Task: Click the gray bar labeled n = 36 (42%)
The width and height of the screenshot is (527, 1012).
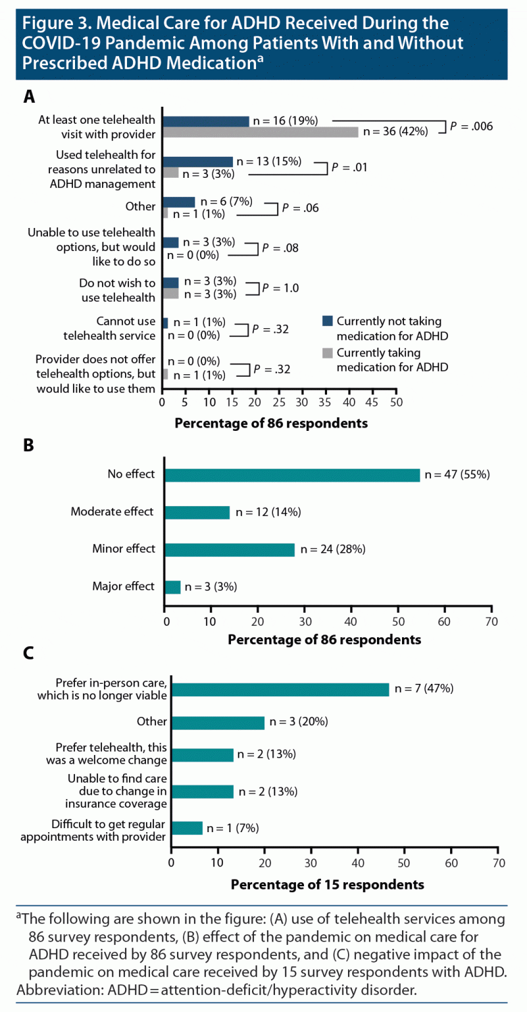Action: tap(261, 132)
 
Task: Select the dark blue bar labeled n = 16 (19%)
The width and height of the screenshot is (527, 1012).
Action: tap(206, 121)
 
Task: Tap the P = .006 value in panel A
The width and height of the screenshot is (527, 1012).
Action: tap(470, 126)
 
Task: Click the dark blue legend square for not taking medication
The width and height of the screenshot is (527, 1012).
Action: tap(328, 321)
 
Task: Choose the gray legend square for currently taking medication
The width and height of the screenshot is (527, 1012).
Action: tap(328, 354)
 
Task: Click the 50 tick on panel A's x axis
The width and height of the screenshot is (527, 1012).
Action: tap(396, 401)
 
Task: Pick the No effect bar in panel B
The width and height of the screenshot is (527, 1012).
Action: tap(292, 475)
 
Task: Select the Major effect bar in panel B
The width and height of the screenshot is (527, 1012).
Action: tap(172, 586)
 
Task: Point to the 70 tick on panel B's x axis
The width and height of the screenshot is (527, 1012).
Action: tap(491, 621)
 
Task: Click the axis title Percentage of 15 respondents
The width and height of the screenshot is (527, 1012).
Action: tap(328, 884)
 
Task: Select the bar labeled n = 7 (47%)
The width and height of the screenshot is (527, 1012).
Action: tap(280, 689)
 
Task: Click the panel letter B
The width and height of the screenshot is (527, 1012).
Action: tap(28, 445)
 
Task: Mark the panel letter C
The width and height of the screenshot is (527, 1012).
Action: tap(28, 653)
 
